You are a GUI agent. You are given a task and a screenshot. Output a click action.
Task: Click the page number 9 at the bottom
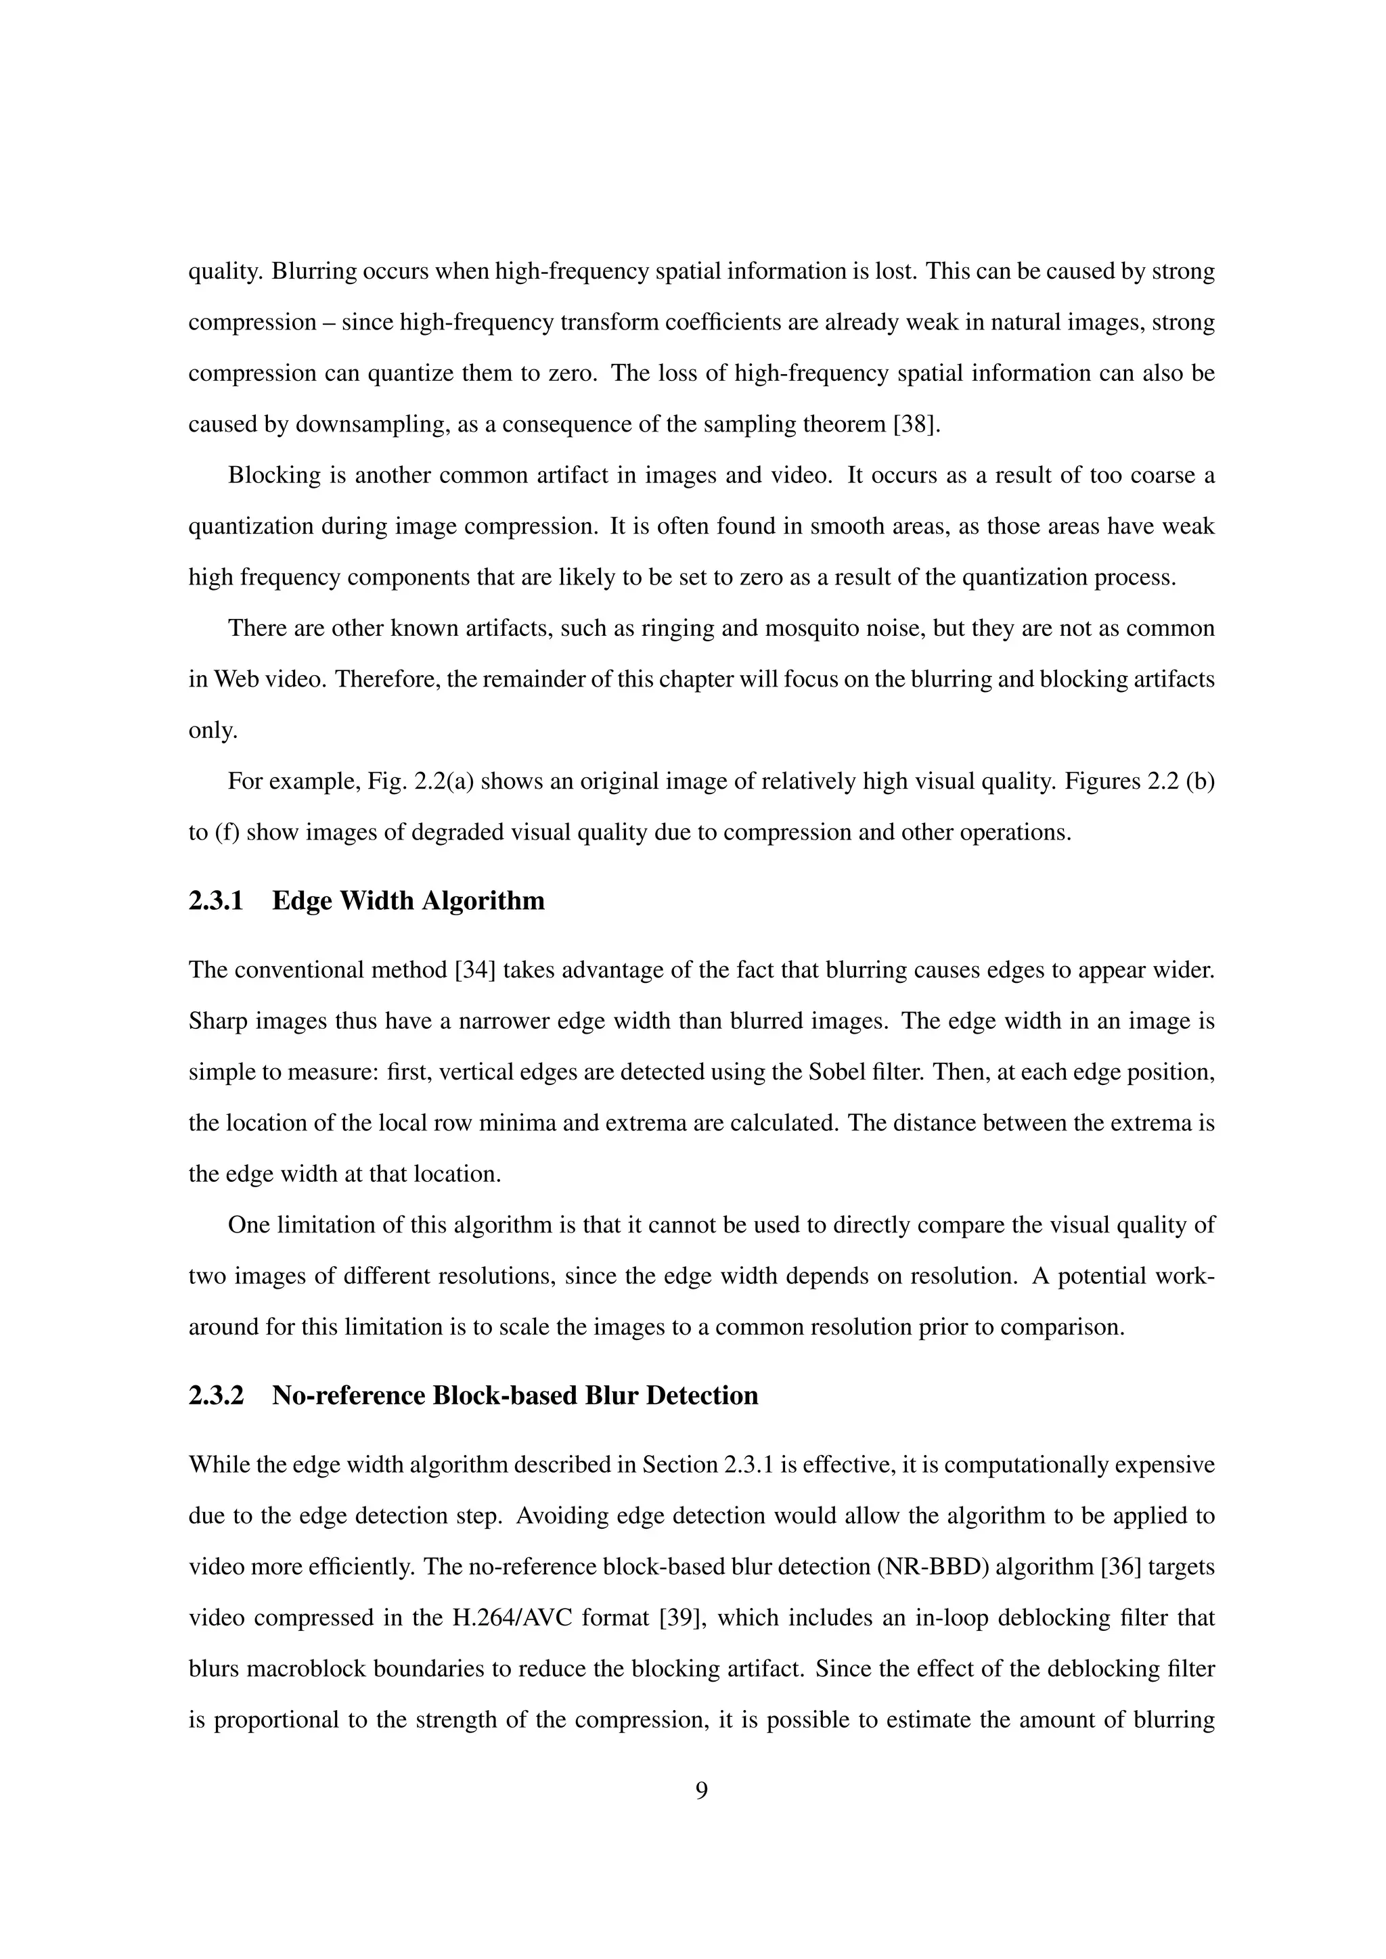coord(702,1791)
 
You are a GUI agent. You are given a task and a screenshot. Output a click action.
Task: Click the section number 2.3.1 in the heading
coord(216,901)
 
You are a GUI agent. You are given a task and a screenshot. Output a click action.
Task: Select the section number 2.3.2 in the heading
coord(216,1396)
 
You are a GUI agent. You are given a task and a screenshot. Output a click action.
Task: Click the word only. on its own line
coord(213,731)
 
